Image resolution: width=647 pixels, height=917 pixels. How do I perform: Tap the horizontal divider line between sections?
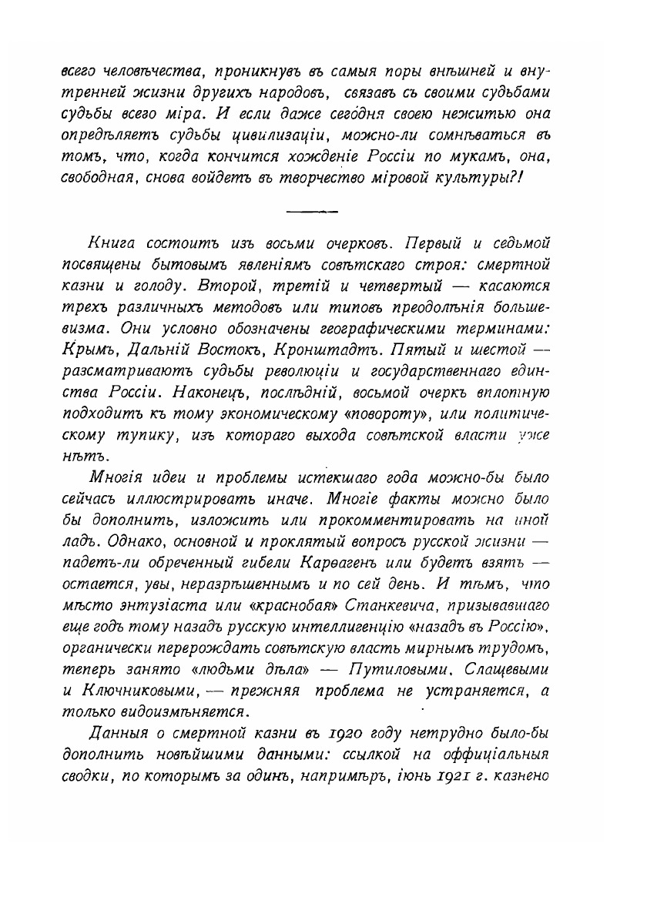(x=311, y=209)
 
